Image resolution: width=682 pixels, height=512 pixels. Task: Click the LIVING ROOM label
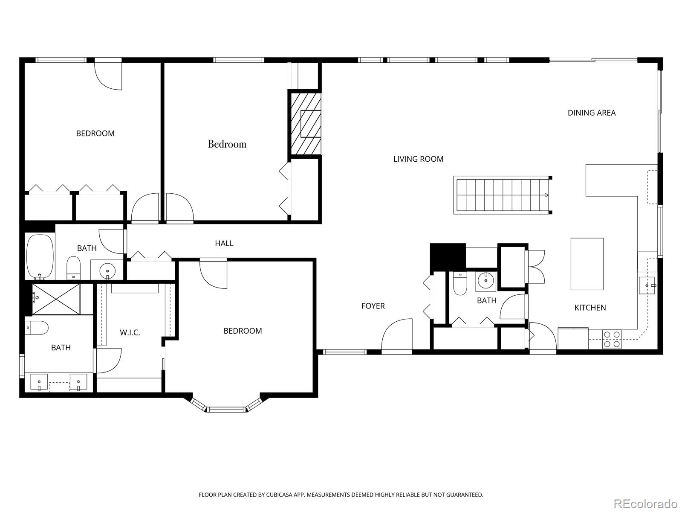[x=418, y=159]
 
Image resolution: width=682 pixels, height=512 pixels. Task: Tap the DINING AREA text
[x=591, y=113]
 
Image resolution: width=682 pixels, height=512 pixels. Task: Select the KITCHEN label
[x=590, y=308]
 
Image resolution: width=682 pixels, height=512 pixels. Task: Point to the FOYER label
[x=373, y=306]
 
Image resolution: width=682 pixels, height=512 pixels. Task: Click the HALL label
[x=224, y=243]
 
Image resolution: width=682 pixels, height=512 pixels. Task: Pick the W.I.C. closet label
[x=130, y=332]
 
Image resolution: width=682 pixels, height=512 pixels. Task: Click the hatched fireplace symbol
[x=305, y=124]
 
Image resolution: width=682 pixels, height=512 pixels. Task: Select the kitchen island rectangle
[x=587, y=264]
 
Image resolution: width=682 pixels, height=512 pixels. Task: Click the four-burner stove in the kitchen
[x=612, y=339]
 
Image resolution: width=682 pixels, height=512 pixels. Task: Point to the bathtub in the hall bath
[x=40, y=256]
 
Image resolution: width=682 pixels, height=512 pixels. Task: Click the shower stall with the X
[x=56, y=299]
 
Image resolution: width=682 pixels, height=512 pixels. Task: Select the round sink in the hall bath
[x=107, y=270]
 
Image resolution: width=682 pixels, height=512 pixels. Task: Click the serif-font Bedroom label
[x=227, y=144]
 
